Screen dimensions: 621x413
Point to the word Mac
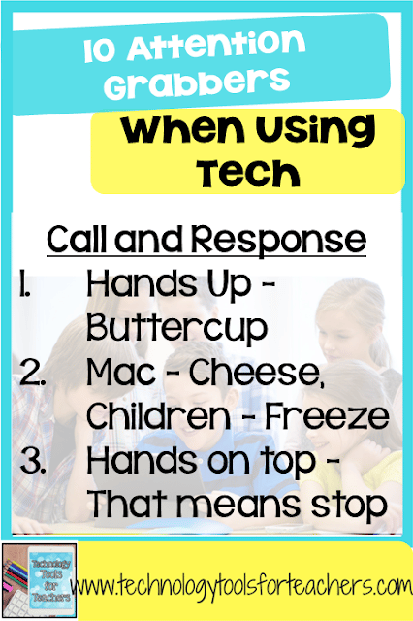point(120,372)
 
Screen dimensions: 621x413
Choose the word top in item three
point(290,460)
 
